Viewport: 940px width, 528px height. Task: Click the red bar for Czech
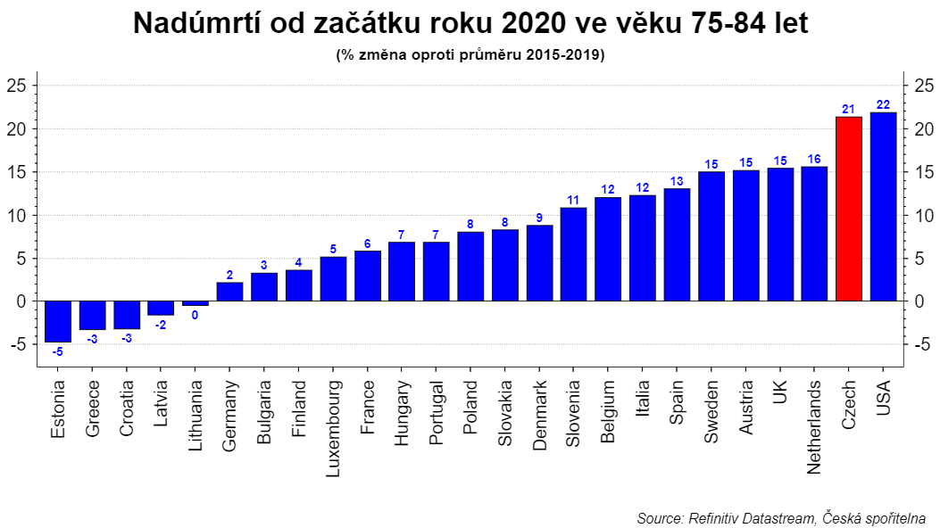tap(848, 209)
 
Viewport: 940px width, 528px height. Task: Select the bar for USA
tap(883, 207)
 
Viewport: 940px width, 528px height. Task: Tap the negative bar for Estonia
tap(58, 321)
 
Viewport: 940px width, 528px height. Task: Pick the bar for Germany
tap(229, 292)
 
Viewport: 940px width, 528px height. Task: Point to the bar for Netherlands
tap(814, 234)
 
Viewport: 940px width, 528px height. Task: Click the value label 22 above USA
tap(883, 104)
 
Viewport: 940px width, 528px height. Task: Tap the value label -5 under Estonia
tap(58, 351)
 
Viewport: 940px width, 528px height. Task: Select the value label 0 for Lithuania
tap(195, 315)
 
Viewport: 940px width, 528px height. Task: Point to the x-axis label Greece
tap(93, 409)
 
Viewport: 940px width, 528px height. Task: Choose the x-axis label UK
tap(780, 393)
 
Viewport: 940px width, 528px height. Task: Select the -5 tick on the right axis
tap(920, 344)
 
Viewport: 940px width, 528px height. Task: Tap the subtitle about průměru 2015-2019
tap(470, 55)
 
